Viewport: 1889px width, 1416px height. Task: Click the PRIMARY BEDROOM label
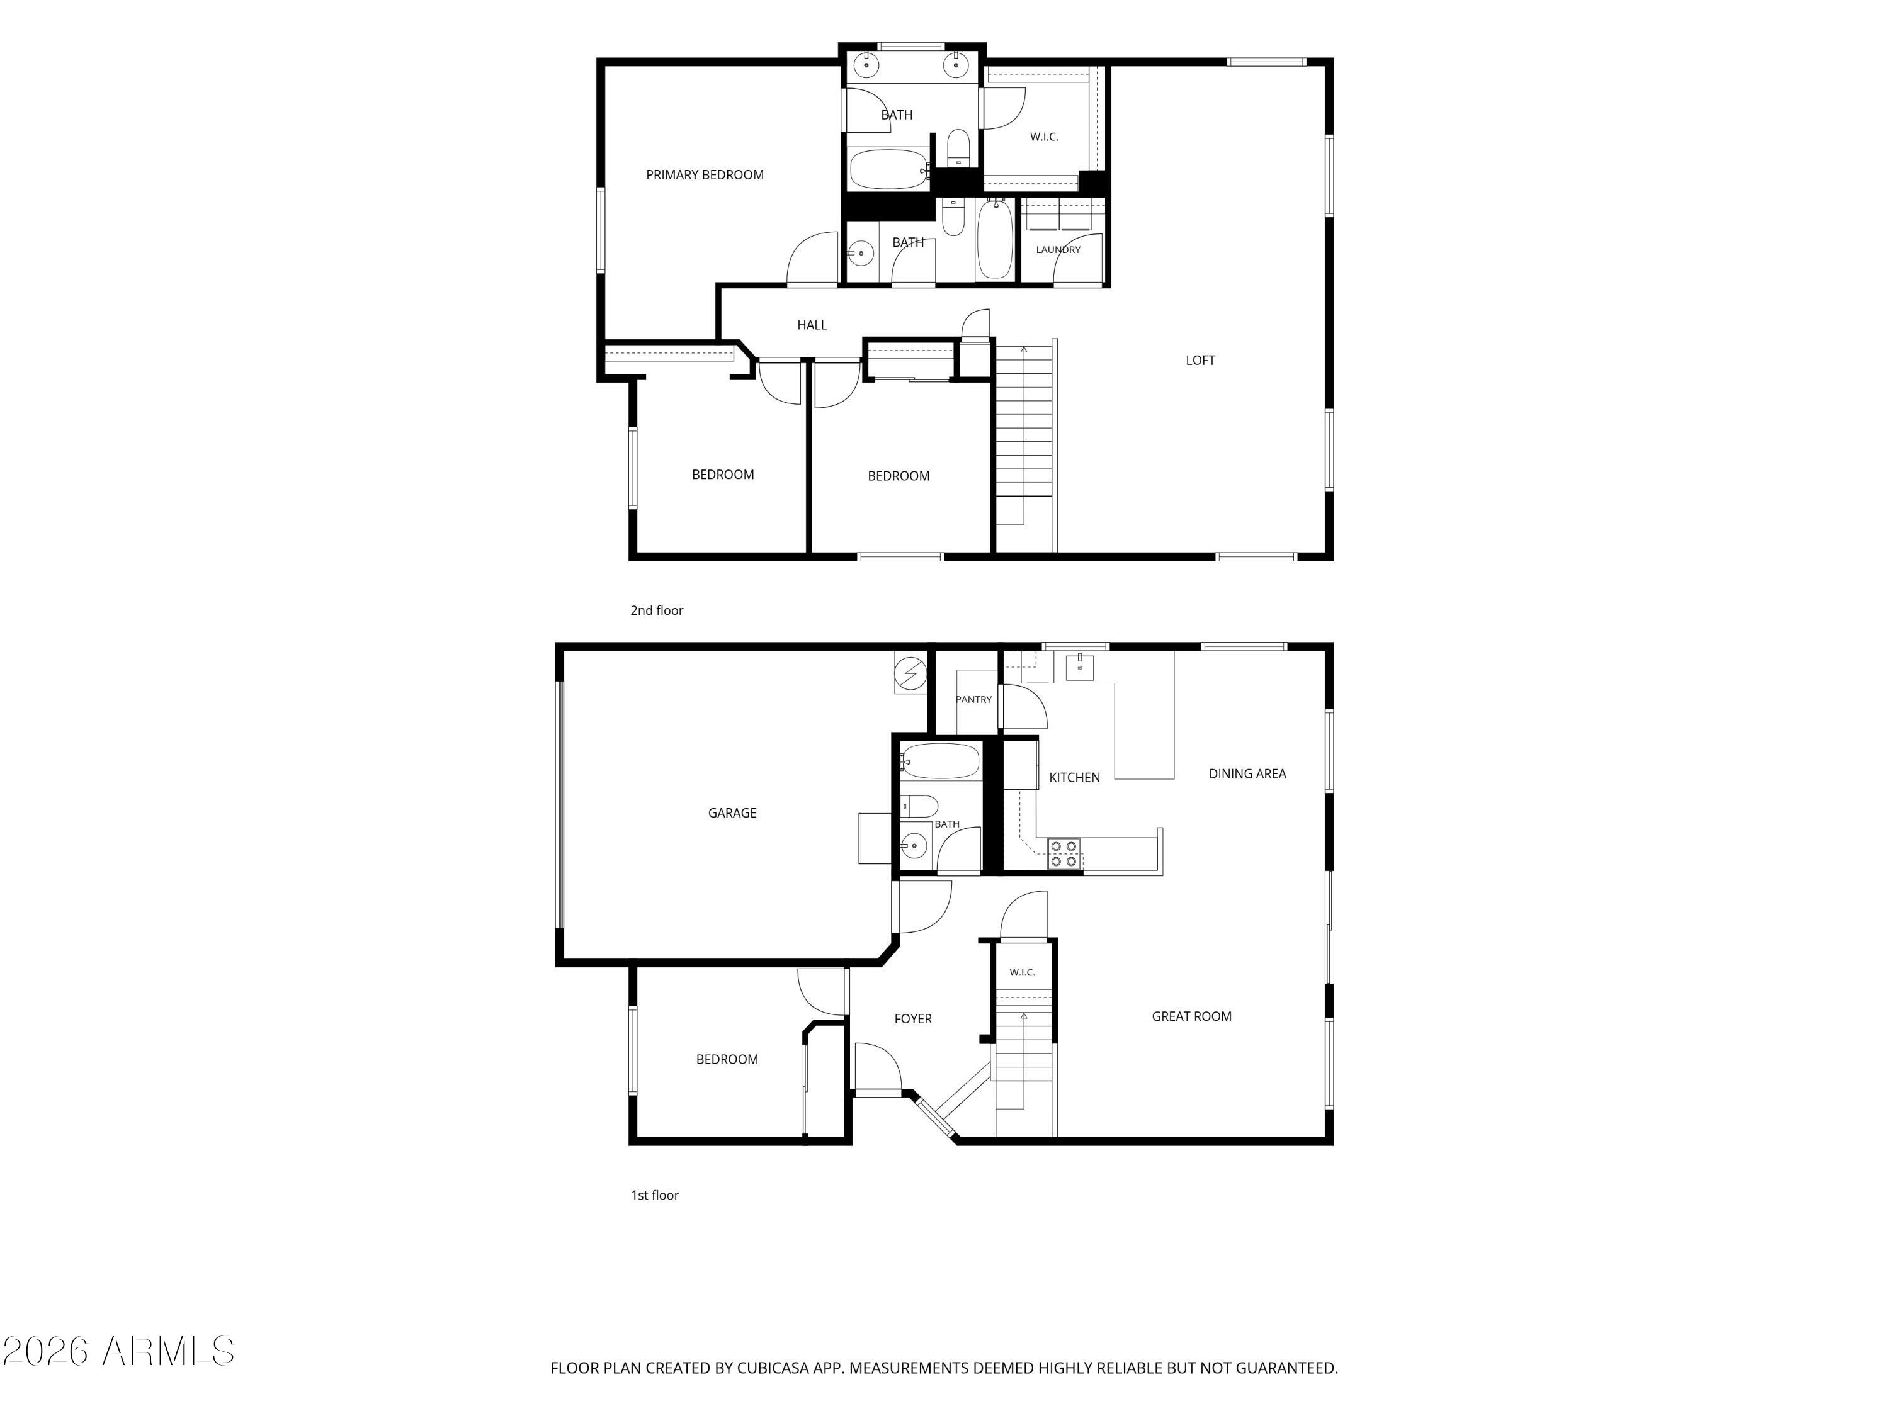tap(705, 175)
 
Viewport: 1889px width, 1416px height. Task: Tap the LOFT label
tap(1200, 360)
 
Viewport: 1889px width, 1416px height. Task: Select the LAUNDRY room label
tap(1058, 250)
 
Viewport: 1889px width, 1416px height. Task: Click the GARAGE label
tap(732, 813)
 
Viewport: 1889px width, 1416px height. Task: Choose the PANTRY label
tap(973, 700)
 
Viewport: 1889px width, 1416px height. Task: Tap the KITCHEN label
tap(1074, 778)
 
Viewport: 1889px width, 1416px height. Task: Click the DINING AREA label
tap(1247, 774)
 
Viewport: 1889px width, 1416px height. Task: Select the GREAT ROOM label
tap(1191, 1016)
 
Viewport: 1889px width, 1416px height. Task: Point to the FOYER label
tap(913, 1019)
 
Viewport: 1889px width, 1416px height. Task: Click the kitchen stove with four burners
tap(1064, 853)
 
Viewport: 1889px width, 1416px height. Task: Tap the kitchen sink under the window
tap(1079, 666)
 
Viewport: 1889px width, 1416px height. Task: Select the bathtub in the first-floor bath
tap(940, 760)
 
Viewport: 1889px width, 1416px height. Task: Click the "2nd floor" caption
tap(657, 610)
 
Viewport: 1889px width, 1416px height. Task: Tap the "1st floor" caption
tap(655, 1195)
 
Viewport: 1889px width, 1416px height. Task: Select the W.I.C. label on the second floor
tap(1043, 137)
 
